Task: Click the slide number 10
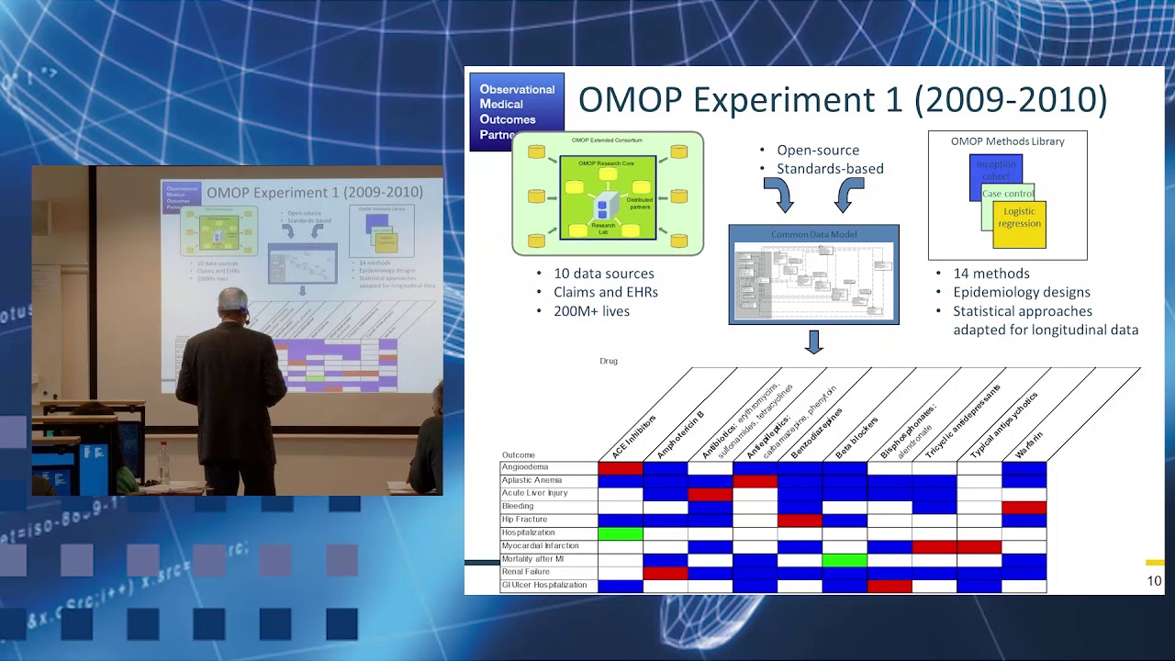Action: click(x=1154, y=580)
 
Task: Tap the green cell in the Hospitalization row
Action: click(x=621, y=532)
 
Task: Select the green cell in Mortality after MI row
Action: click(x=845, y=559)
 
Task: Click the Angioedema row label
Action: click(x=525, y=467)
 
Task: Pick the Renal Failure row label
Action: click(x=525, y=572)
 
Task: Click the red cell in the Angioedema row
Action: click(x=621, y=468)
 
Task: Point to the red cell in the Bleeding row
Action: click(x=1024, y=507)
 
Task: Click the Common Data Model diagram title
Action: click(x=813, y=234)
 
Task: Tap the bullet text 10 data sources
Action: click(x=603, y=274)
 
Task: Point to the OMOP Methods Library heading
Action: click(x=1007, y=141)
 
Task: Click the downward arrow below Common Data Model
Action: click(x=813, y=342)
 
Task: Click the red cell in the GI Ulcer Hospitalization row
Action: click(x=889, y=586)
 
